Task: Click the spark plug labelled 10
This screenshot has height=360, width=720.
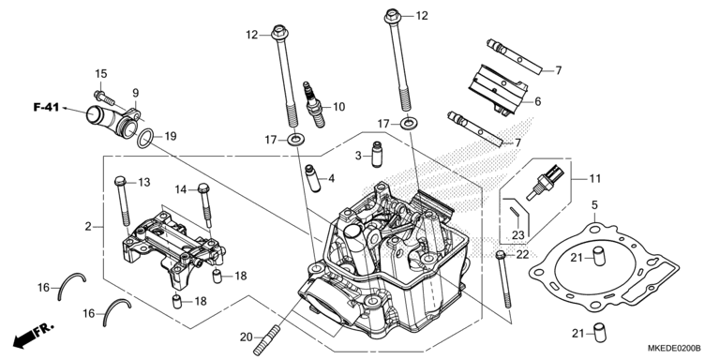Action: click(x=314, y=104)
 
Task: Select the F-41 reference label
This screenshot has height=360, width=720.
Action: click(x=46, y=108)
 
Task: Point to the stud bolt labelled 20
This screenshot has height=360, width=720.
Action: click(x=267, y=339)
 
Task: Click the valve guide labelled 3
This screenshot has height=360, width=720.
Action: click(x=378, y=156)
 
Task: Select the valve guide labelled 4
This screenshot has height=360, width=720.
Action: click(x=312, y=178)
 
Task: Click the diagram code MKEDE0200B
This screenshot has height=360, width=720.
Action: click(x=674, y=349)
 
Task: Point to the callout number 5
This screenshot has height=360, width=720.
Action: click(x=594, y=204)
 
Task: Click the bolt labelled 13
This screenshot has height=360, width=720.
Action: click(x=122, y=202)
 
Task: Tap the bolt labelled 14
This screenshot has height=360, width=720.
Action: click(x=205, y=205)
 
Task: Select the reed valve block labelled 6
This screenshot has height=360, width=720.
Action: click(x=497, y=90)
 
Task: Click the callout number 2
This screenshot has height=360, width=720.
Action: click(x=88, y=226)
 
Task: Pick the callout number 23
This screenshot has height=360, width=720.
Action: click(x=517, y=235)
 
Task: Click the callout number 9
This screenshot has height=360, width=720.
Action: click(x=135, y=93)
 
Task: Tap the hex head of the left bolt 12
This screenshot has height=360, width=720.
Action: click(x=278, y=33)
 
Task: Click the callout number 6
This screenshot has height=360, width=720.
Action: click(x=538, y=101)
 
